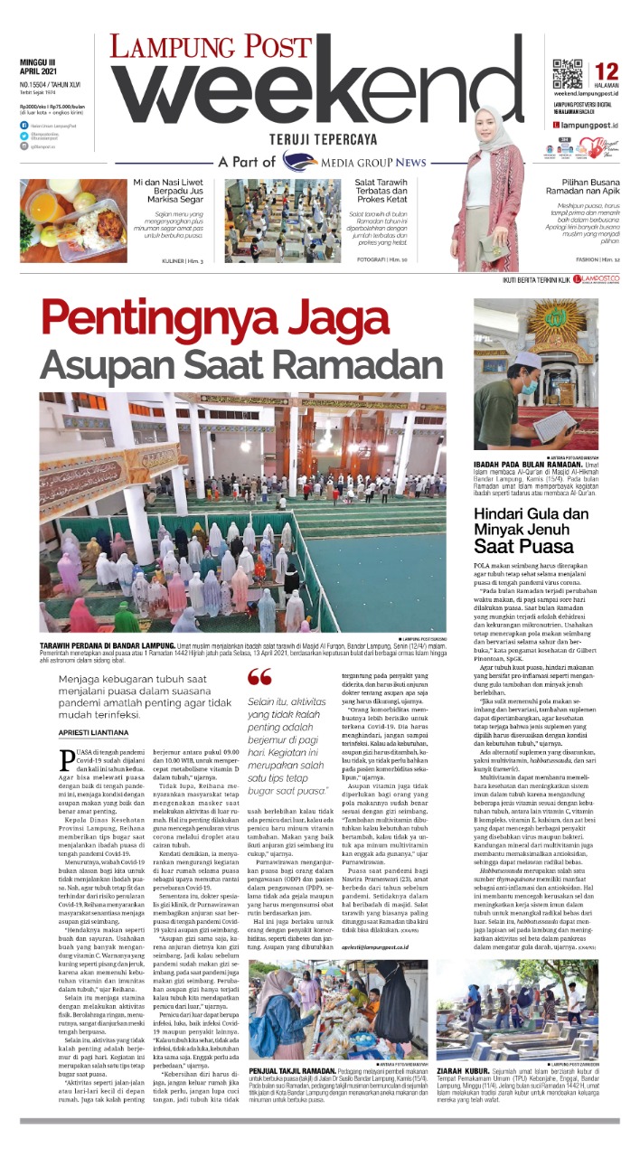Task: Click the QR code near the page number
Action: point(566,72)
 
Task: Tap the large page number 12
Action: point(607,71)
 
